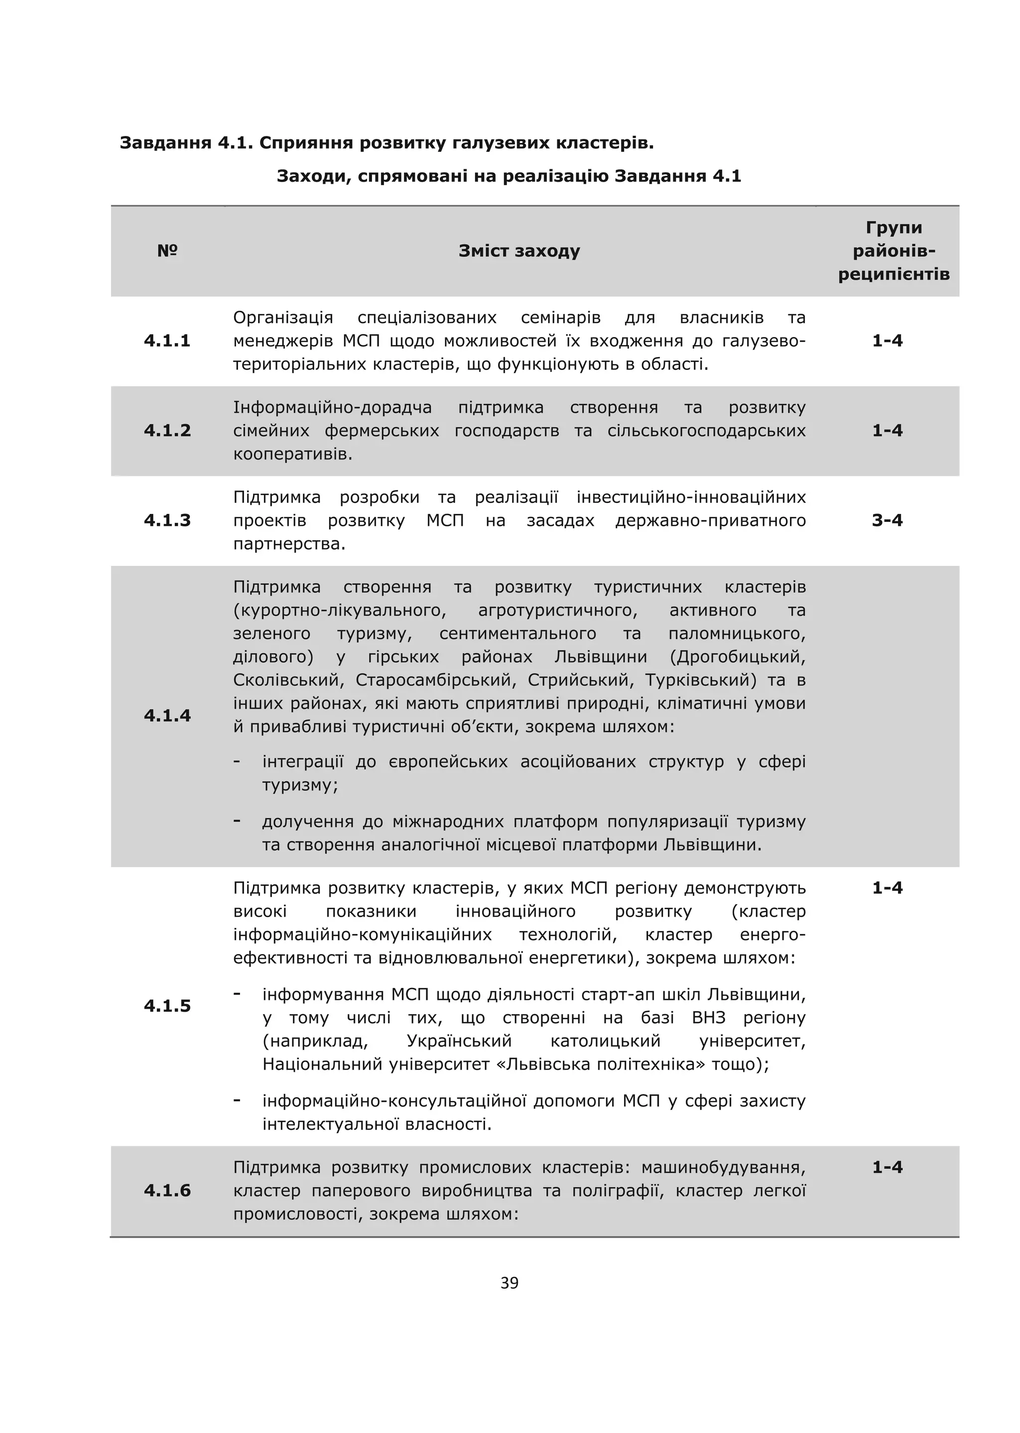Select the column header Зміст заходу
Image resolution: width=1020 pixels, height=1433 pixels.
pos(519,250)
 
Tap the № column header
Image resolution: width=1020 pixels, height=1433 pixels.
pos(167,250)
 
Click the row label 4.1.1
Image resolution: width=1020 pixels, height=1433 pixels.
pos(167,341)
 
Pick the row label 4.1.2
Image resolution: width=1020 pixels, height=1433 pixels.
pos(167,430)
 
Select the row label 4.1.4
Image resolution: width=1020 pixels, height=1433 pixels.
pos(167,715)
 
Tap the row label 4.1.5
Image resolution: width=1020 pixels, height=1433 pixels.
pos(167,1005)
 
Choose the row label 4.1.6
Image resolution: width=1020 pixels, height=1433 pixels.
pos(167,1190)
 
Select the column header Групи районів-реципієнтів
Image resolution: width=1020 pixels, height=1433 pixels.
pos(894,250)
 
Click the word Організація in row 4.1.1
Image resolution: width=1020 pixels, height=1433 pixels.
pos(282,318)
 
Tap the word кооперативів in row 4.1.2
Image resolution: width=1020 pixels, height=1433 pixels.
pos(293,454)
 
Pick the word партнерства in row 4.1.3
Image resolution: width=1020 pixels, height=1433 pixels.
pos(289,544)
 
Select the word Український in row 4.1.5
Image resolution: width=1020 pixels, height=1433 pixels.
pos(460,1041)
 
